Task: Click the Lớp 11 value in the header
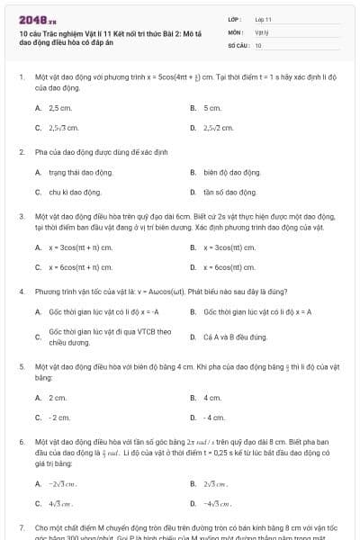[x=263, y=19]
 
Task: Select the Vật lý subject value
[x=261, y=31]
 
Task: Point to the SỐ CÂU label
[x=237, y=44]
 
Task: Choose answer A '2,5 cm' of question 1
[x=59, y=108]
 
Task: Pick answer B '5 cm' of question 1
[x=211, y=108]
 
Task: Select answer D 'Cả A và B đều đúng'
[x=234, y=337]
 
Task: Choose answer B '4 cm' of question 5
[x=212, y=398]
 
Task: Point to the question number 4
[x=22, y=292]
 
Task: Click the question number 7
[x=22, y=526]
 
